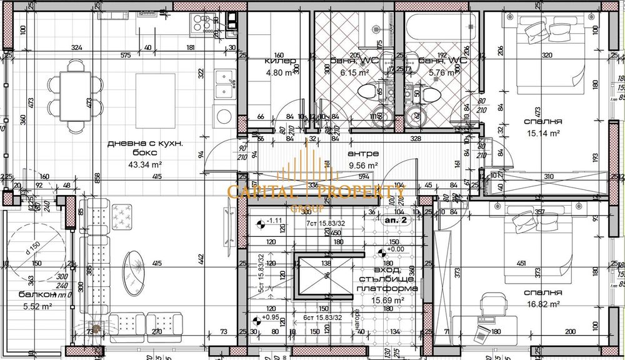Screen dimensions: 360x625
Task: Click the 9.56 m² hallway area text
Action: click(x=363, y=166)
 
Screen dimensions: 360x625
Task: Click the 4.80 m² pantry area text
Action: click(x=278, y=72)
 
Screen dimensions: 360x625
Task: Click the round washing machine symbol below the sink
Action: click(x=223, y=116)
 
